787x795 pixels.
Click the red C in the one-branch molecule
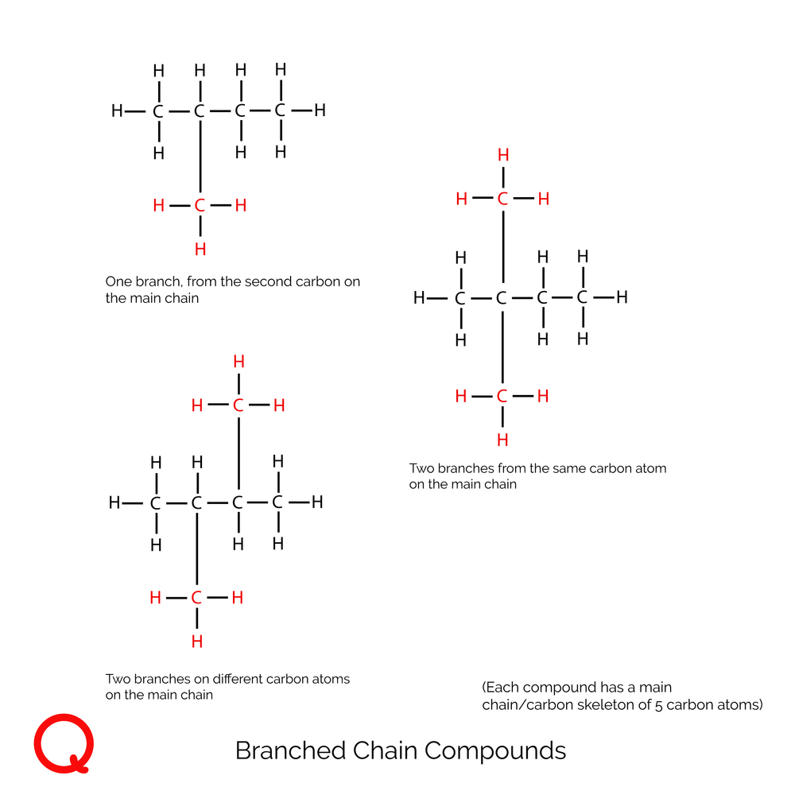(200, 206)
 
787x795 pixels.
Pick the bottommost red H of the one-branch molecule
(200, 250)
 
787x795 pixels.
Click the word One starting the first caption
(118, 281)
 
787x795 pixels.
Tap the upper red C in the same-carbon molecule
(502, 199)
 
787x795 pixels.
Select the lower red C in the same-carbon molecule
(502, 396)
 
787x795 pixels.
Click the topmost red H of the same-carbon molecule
(502, 154)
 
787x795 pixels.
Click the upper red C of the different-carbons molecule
(238, 406)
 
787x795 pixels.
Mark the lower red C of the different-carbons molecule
(196, 598)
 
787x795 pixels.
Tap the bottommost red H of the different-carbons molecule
(196, 642)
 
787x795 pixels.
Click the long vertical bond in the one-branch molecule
(200, 159)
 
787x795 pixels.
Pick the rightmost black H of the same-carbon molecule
(622, 298)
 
